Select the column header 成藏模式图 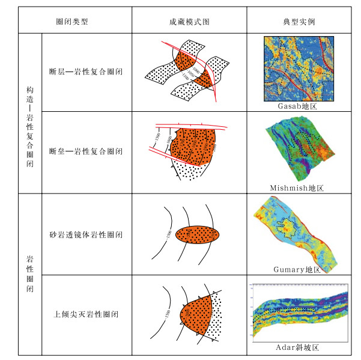coord(189,22)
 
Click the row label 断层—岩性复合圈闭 coord(86,72)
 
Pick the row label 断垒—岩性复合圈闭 coord(86,151)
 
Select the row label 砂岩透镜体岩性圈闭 coord(86,234)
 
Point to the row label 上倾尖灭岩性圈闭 coord(86,314)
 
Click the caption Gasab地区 coord(298,106)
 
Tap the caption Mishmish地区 coord(298,188)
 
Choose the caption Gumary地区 coord(298,270)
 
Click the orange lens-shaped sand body coord(198,234)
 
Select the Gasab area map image coord(298,69)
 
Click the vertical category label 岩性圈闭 coord(29,273)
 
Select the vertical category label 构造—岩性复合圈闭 coord(29,112)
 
